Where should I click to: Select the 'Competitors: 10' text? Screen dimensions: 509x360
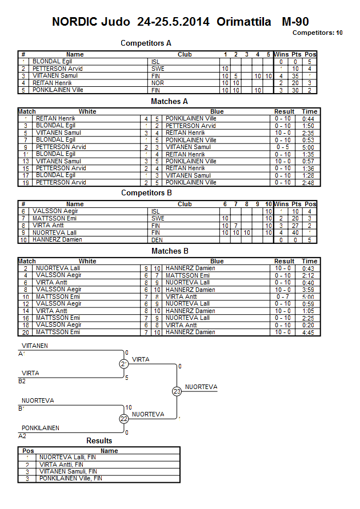(317, 33)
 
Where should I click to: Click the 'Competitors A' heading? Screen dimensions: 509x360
(146, 43)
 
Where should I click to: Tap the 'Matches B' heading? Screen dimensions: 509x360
(170, 251)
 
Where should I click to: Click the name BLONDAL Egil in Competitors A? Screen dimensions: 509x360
(52, 62)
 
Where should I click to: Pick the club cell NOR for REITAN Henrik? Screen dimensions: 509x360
(158, 83)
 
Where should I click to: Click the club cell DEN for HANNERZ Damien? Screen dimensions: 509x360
(158, 240)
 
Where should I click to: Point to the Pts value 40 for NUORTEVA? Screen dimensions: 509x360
(295, 233)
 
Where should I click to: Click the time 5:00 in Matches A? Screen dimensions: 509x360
(310, 147)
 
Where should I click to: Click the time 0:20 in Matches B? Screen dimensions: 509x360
(310, 325)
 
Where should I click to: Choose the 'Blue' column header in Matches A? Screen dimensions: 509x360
(217, 112)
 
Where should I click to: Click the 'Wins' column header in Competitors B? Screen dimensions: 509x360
(281, 204)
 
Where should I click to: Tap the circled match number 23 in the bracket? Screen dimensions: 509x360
(177, 391)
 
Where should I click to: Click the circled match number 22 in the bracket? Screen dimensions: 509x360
(124, 419)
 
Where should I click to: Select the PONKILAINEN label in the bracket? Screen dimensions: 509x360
(41, 428)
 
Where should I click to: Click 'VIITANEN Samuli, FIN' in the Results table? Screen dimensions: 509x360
(68, 471)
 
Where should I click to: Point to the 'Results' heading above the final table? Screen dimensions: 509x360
(99, 441)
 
